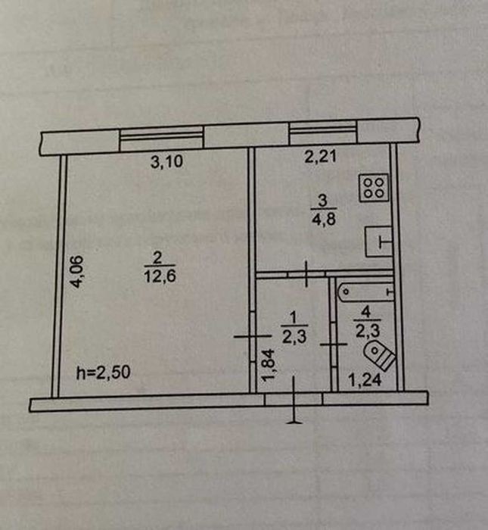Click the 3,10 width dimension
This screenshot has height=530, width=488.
click(167, 161)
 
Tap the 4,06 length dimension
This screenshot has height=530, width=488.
click(76, 271)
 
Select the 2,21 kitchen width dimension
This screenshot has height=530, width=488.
click(321, 157)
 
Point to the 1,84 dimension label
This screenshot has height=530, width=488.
click(269, 365)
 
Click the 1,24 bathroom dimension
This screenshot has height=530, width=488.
click(365, 380)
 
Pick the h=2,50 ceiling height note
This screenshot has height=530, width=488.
click(104, 373)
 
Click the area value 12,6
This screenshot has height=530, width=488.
click(160, 276)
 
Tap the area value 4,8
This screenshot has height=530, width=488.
click(324, 219)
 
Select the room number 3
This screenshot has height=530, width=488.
click(323, 200)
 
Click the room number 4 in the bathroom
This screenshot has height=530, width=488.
click(366, 312)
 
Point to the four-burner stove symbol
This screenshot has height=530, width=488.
click(374, 188)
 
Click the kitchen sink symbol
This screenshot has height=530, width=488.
click(379, 242)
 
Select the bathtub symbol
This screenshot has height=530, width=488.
click(365, 291)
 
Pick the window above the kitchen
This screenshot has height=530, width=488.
click(323, 132)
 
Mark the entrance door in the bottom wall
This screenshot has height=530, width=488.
click(293, 400)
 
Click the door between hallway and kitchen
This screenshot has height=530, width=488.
click(306, 274)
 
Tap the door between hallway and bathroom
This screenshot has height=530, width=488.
click(334, 344)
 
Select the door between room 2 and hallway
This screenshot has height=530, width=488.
click(253, 336)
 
